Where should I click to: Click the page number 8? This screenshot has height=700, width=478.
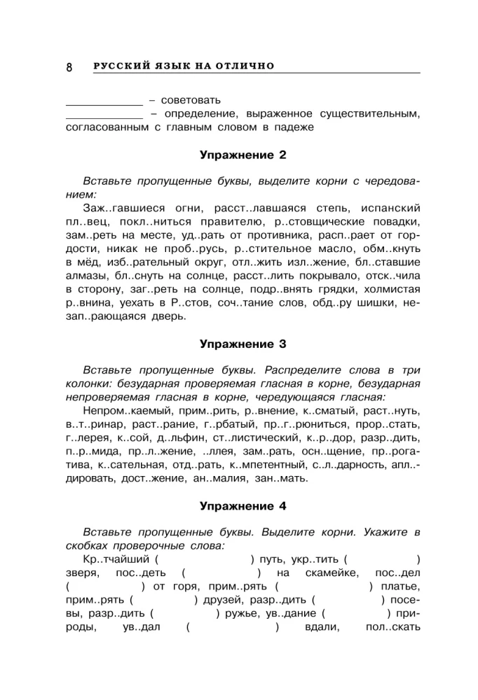tap(69, 67)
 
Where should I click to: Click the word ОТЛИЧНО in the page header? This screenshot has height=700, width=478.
tap(245, 66)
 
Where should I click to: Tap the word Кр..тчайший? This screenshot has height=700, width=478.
tap(115, 559)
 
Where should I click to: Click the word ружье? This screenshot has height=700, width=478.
tap(249, 613)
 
